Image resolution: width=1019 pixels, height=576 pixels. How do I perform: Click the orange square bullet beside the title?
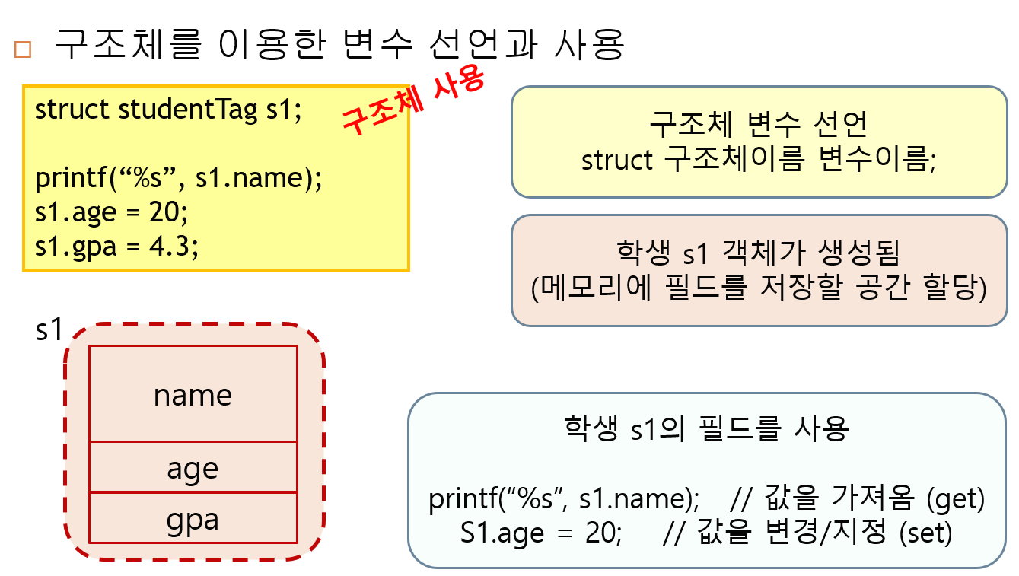coord(23,49)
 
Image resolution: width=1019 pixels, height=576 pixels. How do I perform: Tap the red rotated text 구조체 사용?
coord(412,101)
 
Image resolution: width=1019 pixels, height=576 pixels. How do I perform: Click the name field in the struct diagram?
coord(193,395)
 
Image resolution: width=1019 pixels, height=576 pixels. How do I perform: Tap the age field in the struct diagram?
coord(193,468)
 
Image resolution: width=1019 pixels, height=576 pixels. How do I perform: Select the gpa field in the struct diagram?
coord(193,520)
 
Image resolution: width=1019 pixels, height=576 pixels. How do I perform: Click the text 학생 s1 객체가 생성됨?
coord(758,253)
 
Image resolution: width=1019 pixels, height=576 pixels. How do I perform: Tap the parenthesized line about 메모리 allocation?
coord(758,288)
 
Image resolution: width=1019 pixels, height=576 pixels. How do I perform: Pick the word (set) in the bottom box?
coord(925,533)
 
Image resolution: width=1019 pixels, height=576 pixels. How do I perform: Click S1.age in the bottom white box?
coord(502,533)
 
